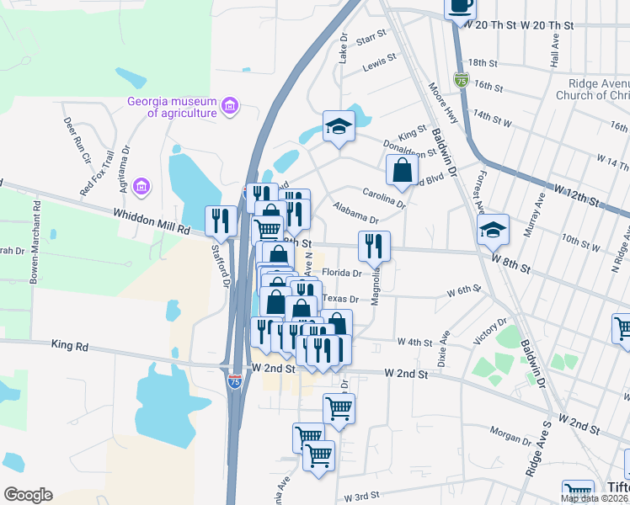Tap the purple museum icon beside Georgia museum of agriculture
230,107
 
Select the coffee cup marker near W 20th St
460,6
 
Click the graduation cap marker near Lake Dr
339,126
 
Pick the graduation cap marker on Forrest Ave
493,228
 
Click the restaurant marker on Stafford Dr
221,221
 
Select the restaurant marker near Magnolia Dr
374,246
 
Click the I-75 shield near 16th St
461,80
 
